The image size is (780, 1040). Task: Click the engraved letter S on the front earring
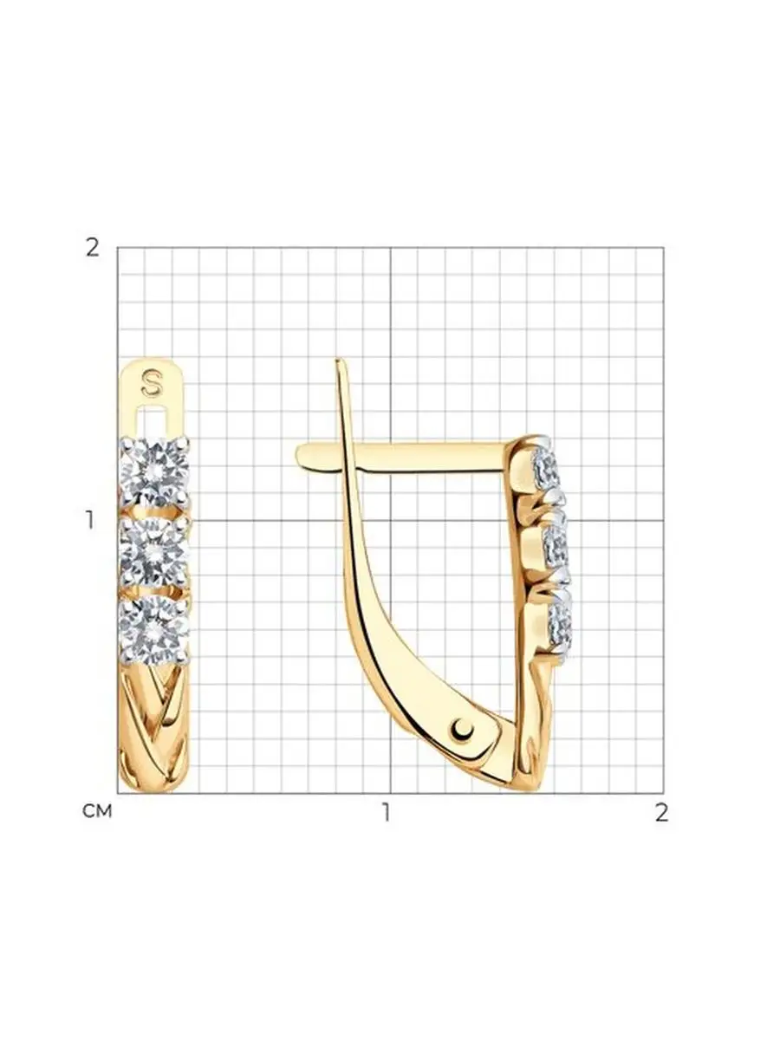[x=152, y=383]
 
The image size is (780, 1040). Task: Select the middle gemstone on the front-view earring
[x=154, y=550]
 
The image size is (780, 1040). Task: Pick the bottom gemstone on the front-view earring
[x=154, y=630]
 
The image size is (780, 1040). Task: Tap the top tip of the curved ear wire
[x=337, y=360]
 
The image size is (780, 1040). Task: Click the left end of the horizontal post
[x=298, y=455]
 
